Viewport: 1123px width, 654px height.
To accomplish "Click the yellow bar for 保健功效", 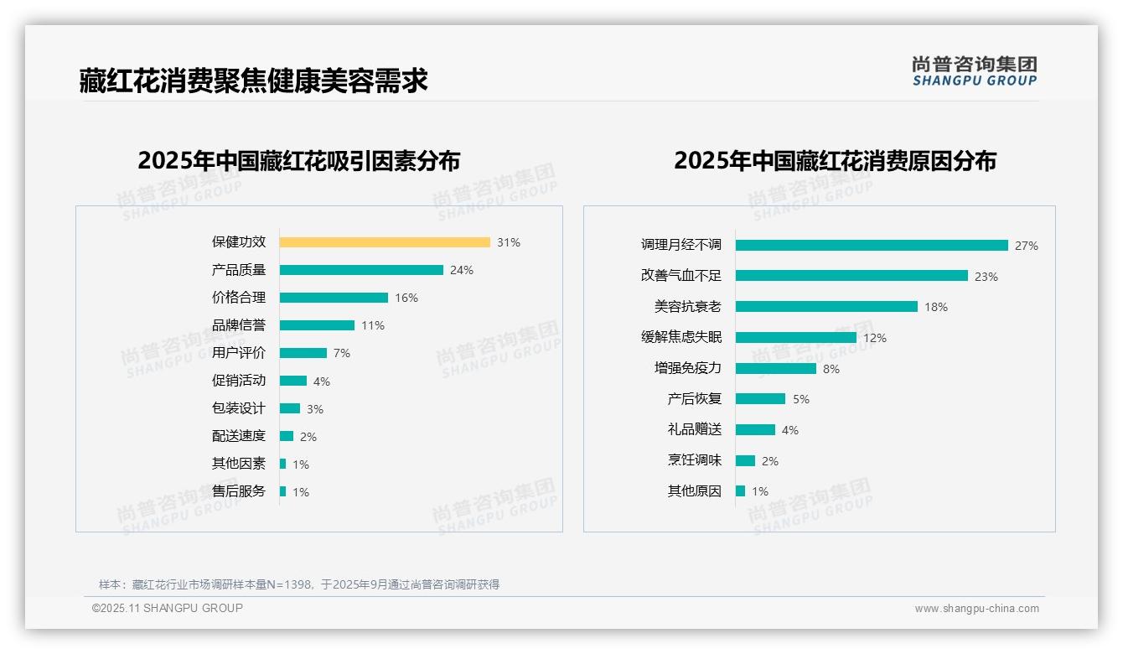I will (x=385, y=242).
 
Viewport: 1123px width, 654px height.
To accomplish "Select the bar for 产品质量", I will (x=361, y=270).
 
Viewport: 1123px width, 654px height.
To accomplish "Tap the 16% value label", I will (x=406, y=298).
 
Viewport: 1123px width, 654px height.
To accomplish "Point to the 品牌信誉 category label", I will (x=239, y=325).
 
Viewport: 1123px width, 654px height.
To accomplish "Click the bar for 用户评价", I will (x=303, y=353).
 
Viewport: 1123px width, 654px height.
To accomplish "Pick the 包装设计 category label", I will (x=239, y=408).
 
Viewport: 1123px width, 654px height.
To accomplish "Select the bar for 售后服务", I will (x=283, y=491).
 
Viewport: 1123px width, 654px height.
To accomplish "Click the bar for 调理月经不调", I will (x=872, y=246).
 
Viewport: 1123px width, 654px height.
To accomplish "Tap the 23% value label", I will (x=986, y=277).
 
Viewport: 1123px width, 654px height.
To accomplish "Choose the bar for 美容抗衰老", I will (x=826, y=307).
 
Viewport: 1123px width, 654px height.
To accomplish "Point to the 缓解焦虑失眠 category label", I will (x=681, y=337).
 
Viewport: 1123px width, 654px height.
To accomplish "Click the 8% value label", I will (x=831, y=369).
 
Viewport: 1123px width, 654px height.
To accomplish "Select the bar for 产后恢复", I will (x=760, y=399).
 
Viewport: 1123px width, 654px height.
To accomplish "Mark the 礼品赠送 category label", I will (x=695, y=429).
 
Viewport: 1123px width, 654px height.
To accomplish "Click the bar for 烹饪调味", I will (x=745, y=460).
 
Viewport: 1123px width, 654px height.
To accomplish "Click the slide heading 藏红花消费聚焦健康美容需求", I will (x=254, y=80).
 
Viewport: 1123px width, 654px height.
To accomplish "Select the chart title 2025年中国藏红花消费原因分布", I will (x=835, y=161).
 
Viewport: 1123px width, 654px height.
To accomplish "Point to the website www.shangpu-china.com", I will (x=976, y=609).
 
